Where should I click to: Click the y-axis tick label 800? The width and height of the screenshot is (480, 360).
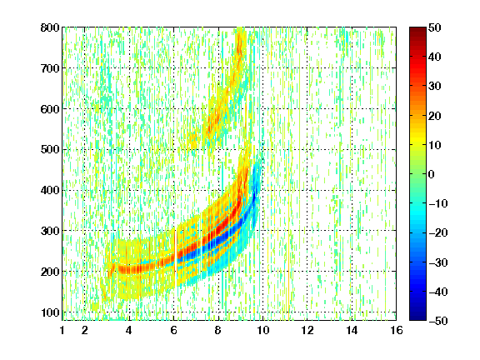[50, 27]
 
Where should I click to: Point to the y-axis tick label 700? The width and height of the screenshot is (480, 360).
[50, 68]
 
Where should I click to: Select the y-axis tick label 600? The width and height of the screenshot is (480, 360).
[50, 109]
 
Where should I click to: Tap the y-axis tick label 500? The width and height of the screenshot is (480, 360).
[50, 150]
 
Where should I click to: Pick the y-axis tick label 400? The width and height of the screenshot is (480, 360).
[50, 190]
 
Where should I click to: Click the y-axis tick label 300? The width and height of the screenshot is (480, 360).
[50, 231]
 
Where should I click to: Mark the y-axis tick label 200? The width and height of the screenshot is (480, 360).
[50, 272]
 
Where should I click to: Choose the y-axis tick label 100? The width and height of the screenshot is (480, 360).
[50, 312]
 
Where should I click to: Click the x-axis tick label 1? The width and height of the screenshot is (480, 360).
[62, 330]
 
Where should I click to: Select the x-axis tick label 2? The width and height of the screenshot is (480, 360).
[85, 330]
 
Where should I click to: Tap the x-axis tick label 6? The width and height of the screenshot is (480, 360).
[174, 330]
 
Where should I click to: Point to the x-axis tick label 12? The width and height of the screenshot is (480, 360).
[307, 330]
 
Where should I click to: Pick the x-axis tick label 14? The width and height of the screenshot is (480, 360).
[352, 330]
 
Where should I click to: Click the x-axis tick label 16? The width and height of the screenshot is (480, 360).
[397, 330]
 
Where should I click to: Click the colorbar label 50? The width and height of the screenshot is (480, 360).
[434, 27]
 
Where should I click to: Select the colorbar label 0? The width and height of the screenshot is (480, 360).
[432, 174]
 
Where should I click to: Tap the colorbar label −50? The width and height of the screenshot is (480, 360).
[437, 321]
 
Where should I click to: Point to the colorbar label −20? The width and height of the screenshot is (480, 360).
[437, 233]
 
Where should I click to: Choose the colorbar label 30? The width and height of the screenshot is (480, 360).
[434, 87]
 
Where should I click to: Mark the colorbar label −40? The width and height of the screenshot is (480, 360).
[437, 292]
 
